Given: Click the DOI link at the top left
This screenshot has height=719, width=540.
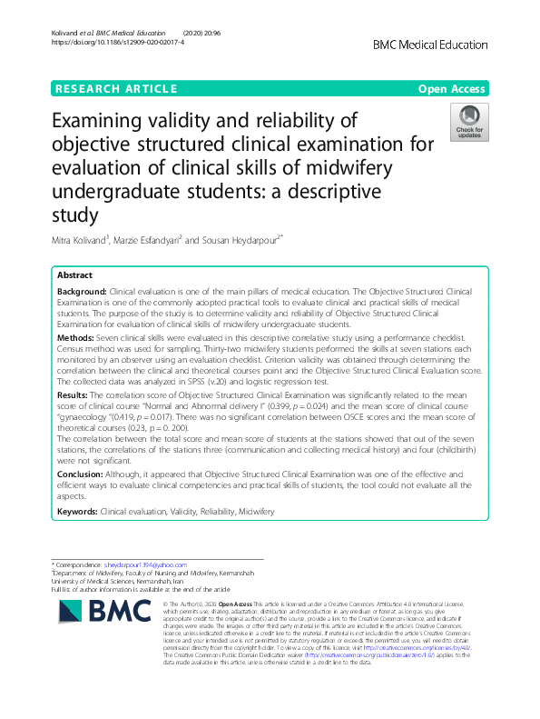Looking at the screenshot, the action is point(105,42).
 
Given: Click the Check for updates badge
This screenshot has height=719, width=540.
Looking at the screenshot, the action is point(469,123).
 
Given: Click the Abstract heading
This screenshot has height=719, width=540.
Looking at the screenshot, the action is point(74,275).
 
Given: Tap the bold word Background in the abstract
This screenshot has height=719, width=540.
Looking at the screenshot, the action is point(81,290).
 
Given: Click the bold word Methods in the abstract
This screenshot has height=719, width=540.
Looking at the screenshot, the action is point(76,336).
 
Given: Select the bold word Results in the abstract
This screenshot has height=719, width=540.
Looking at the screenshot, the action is point(74,396).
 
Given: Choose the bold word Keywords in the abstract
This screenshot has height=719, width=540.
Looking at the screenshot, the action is point(78,512).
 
